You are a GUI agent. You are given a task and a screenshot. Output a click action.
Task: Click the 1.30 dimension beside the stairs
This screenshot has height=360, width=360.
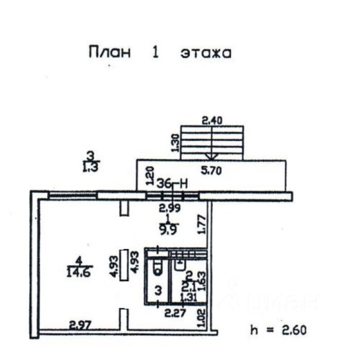pos(175,143)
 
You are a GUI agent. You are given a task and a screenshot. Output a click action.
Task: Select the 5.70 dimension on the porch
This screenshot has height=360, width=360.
pos(211,172)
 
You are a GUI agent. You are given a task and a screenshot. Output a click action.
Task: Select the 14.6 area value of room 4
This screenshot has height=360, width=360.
pos(78,273)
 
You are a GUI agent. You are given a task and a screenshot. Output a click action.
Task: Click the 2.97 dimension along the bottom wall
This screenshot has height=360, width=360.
pos(80,325)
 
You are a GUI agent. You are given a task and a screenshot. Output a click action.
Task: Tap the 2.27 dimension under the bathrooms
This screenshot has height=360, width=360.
pos(175,312)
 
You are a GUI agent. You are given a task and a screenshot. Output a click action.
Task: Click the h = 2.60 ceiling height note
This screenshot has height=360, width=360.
pos(278,330)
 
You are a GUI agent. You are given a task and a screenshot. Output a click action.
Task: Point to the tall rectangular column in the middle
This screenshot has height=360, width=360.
pos(124,265)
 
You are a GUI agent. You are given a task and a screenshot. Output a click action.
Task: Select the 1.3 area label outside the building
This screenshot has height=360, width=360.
pos(90,166)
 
